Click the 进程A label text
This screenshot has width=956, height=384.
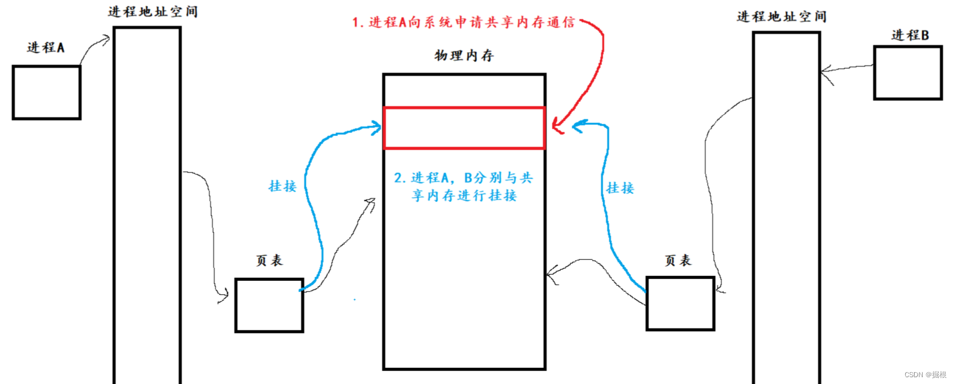[x=46, y=48]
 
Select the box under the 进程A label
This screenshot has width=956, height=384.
[x=46, y=92]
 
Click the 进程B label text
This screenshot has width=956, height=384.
[x=910, y=36]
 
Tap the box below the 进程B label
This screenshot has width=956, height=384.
[x=908, y=73]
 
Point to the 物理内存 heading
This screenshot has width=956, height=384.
[x=464, y=56]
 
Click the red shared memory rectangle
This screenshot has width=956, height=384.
[x=464, y=128]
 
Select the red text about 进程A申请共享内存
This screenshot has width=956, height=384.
[x=464, y=23]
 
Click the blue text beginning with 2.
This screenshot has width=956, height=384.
[x=464, y=187]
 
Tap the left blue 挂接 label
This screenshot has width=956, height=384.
[x=283, y=186]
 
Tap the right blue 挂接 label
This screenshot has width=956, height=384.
[x=620, y=188]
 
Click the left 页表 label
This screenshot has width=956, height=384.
[x=269, y=261]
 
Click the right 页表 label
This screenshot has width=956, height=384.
[x=678, y=261]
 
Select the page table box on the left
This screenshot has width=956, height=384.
[x=269, y=305]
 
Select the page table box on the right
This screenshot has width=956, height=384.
[x=680, y=303]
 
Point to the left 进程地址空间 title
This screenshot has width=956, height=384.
[x=153, y=11]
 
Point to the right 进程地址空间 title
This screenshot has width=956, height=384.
[x=782, y=17]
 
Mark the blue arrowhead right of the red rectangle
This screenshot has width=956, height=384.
[x=578, y=127]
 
